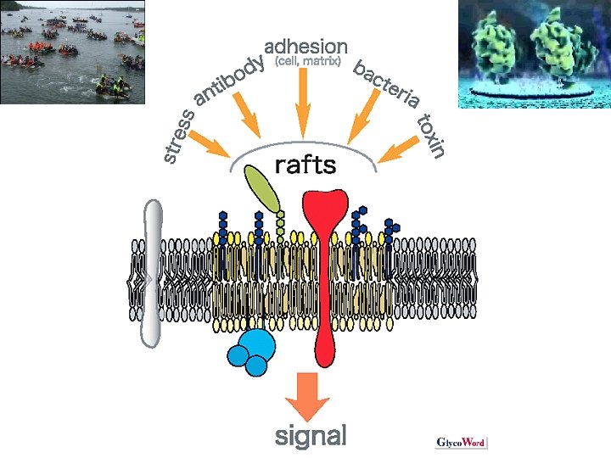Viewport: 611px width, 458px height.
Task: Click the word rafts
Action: (x=305, y=164)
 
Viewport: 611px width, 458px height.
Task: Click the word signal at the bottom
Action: (x=311, y=436)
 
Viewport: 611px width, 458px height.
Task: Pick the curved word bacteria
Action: (x=386, y=84)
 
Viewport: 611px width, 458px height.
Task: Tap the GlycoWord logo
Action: (x=461, y=442)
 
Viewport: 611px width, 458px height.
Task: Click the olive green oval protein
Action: (x=263, y=187)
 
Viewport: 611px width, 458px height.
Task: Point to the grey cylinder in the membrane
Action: (x=152, y=271)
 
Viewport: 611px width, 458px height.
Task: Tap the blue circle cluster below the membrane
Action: (x=253, y=351)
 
